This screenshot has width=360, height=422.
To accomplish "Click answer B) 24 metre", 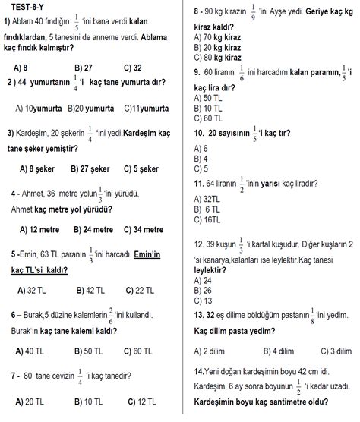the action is (x=93, y=228).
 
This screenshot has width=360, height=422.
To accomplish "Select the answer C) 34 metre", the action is (x=143, y=228).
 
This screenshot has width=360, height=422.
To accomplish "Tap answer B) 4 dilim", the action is (x=278, y=350).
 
